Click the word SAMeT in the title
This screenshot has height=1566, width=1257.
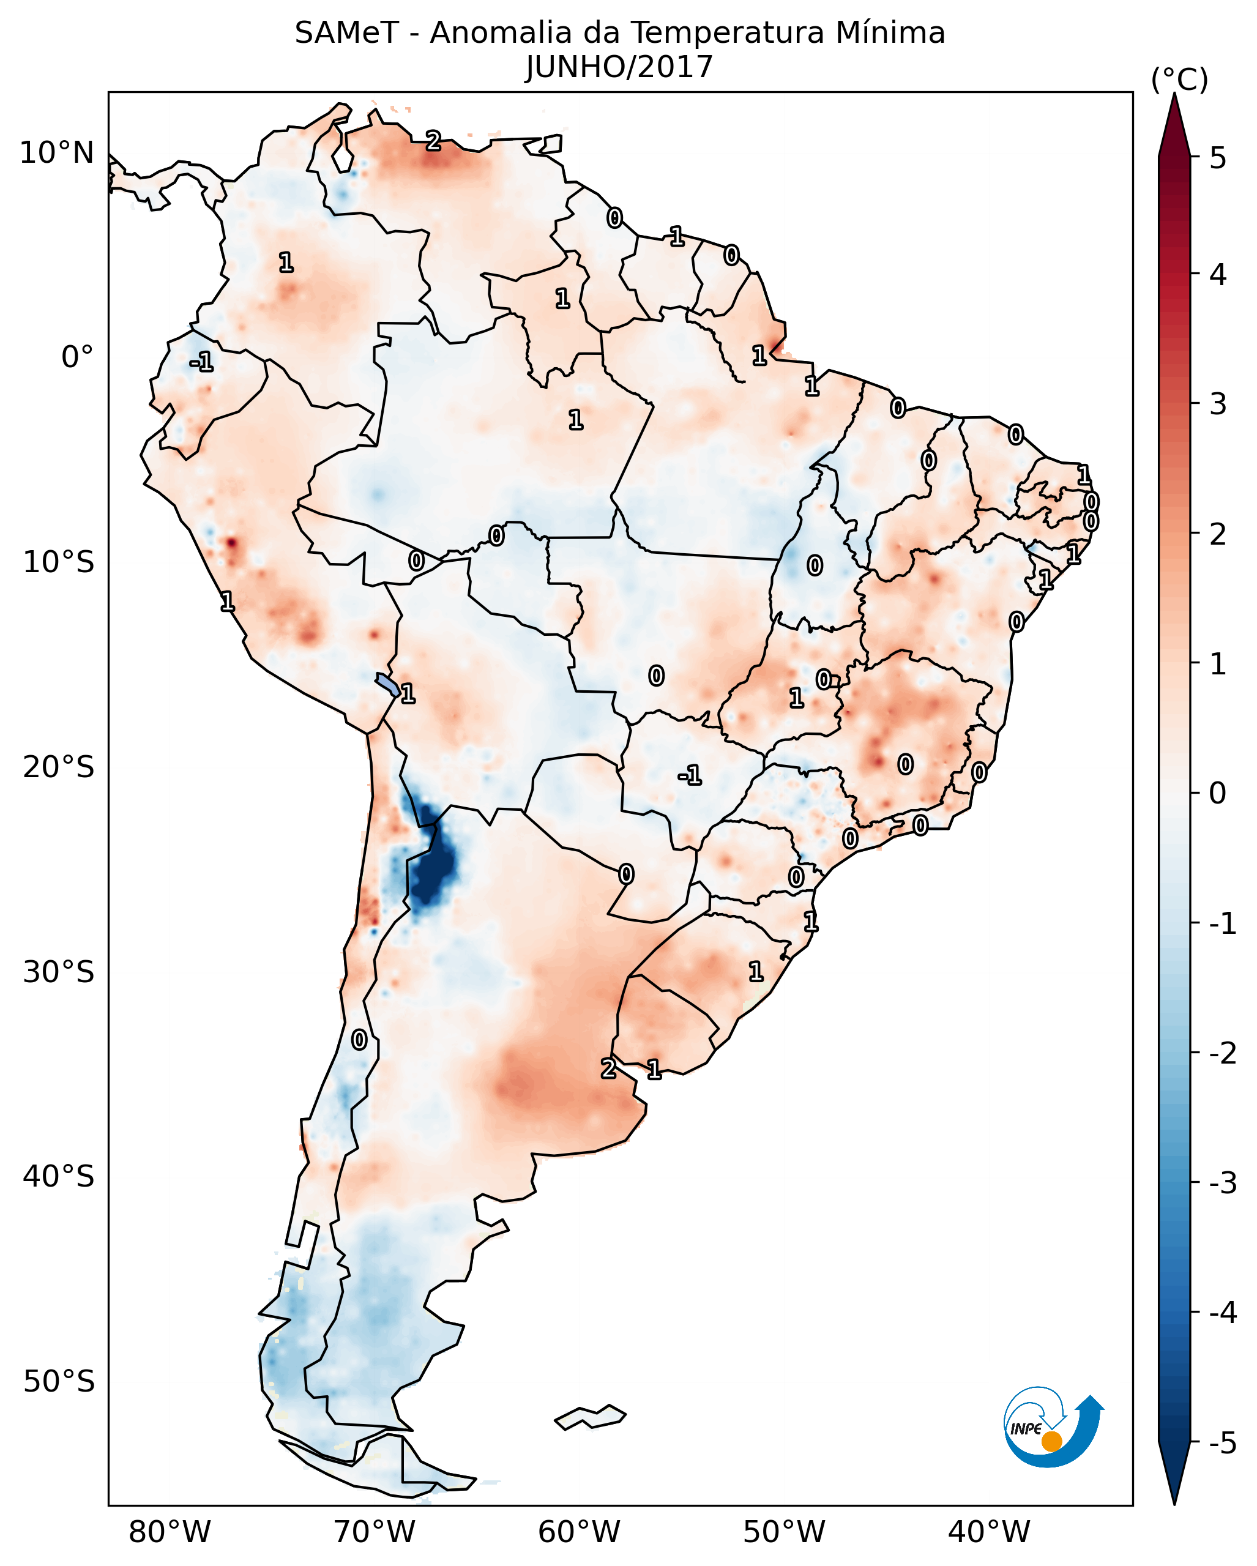pos(346,34)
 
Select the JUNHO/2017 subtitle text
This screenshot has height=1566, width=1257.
pos(619,67)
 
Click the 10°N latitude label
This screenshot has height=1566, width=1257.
pos(57,153)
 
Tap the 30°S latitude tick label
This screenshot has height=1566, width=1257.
pos(58,972)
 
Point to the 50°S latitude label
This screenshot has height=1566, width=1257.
pos(58,1382)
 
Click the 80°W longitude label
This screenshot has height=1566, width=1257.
pos(169,1532)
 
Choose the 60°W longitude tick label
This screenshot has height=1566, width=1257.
pos(579,1532)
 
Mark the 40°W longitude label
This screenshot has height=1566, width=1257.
pos(989,1532)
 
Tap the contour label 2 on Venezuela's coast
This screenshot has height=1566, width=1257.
pos(433,141)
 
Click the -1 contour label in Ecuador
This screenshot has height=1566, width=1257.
pos(201,362)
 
